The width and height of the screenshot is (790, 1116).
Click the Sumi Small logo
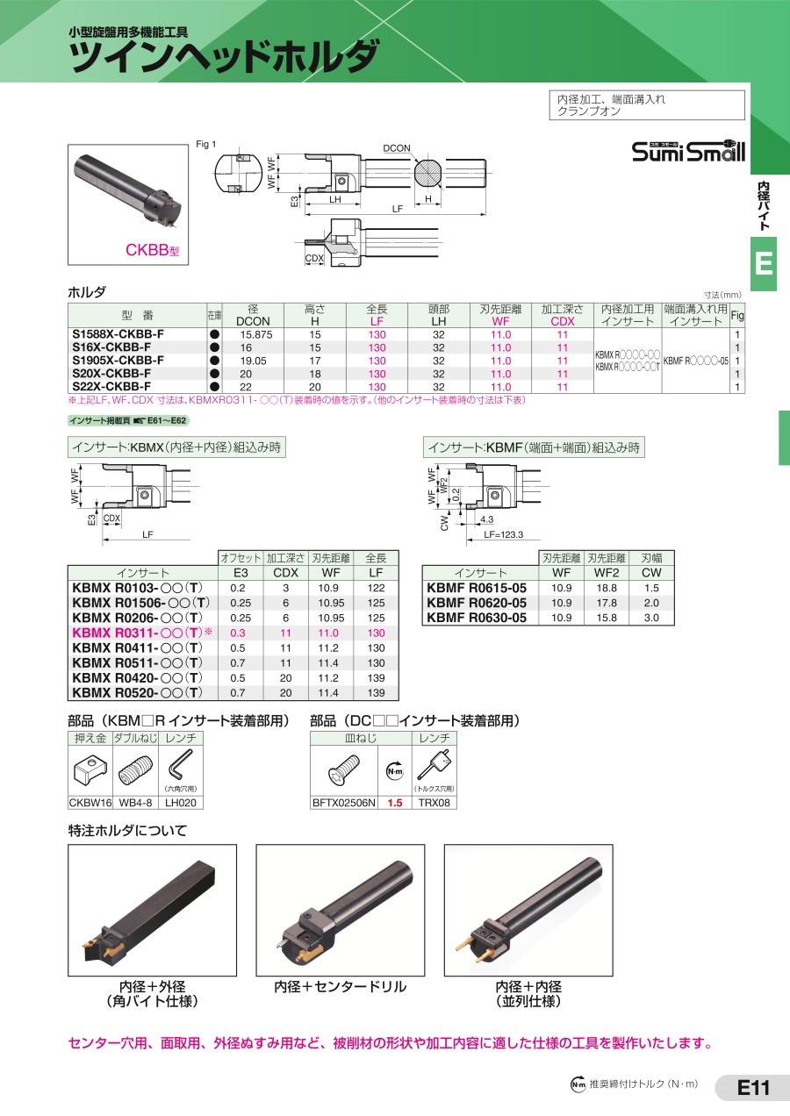[688, 151]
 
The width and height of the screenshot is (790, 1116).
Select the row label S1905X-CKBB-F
[118, 361]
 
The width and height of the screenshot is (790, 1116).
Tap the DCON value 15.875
[256, 335]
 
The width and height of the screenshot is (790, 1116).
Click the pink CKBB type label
[152, 249]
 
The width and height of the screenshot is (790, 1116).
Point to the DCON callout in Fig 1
[397, 148]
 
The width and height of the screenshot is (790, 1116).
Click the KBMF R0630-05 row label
[477, 618]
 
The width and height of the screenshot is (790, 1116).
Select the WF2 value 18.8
[607, 588]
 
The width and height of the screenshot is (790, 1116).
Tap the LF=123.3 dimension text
[504, 534]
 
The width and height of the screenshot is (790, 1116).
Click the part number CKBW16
[90, 803]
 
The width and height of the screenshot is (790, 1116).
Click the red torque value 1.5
[395, 803]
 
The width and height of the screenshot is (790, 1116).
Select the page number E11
[753, 1087]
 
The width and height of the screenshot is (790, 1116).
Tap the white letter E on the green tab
[764, 263]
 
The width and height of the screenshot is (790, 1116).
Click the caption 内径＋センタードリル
[341, 986]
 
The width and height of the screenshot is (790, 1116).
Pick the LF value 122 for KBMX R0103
[376, 588]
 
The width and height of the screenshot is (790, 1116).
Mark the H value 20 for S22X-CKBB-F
[314, 387]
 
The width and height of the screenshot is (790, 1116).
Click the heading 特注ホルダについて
[127, 831]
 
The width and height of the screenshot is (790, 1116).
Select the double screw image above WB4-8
[135, 770]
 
